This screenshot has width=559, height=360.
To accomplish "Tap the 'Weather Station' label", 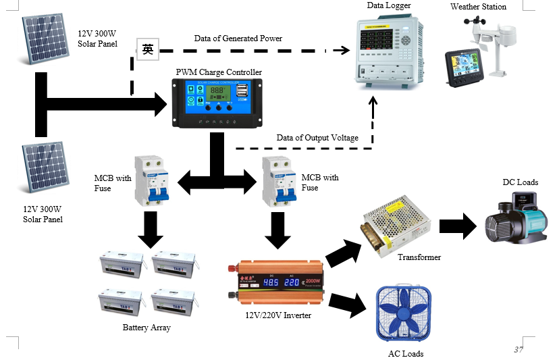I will pos(478,7).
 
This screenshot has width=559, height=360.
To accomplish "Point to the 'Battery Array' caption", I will pos(147,328).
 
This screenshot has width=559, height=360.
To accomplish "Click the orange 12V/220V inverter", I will pos(277,283).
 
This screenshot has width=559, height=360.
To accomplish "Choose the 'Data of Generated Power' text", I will pos(238,38).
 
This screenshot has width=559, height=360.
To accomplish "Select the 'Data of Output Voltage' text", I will pos(317,138).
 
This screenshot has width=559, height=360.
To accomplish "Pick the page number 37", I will pos(518,349).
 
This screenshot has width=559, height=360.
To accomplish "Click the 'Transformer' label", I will pos(419,257).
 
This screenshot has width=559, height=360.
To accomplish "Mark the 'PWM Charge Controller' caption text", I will pos(219,72).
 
